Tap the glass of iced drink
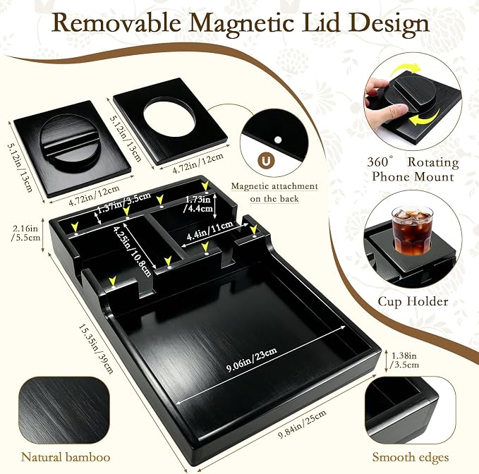[412, 231]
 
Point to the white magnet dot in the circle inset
[278, 140]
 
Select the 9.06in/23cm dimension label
[252, 360]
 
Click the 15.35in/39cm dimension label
[96, 348]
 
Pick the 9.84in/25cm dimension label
[302, 424]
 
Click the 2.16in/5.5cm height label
[26, 233]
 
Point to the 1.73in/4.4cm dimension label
[199, 204]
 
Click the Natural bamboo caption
[66, 457]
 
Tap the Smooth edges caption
[411, 457]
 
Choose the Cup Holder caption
[413, 301]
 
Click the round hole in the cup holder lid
[169, 118]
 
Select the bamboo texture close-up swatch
[64, 411]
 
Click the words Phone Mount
[413, 177]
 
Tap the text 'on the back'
[274, 199]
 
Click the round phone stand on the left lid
[70, 142]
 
